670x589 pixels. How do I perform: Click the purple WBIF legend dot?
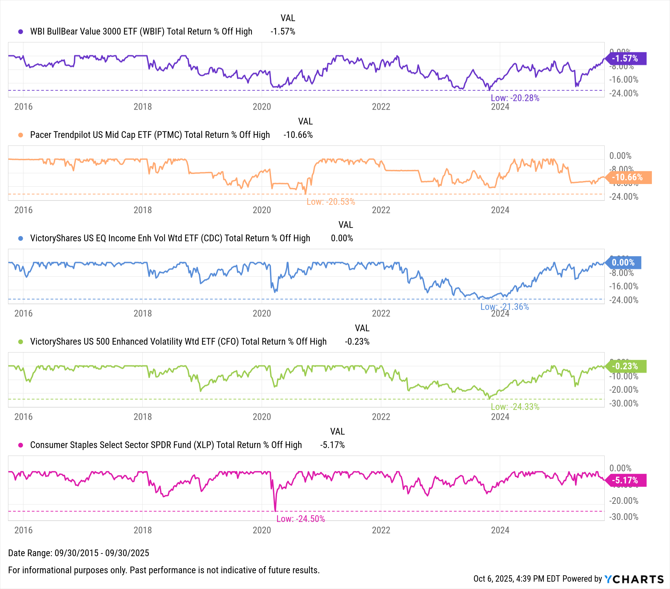tap(21, 32)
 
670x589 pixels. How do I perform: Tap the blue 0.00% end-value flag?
tap(624, 262)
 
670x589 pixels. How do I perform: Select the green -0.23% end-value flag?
tap(626, 366)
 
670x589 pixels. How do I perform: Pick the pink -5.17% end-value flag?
tap(626, 480)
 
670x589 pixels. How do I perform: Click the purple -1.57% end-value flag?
tap(626, 59)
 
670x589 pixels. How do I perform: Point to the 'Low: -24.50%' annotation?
tap(300, 519)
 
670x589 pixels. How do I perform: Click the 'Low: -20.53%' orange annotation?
tap(331, 202)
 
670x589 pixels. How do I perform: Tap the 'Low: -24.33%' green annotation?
tap(515, 407)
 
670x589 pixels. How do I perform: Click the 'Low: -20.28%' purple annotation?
tap(515, 98)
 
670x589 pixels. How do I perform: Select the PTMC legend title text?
tap(150, 135)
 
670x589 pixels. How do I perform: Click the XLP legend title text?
tap(166, 445)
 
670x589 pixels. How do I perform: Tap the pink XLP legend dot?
tap(21, 445)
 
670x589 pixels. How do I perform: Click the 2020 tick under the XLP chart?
tap(262, 530)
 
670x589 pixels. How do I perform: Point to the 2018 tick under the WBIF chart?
tap(142, 107)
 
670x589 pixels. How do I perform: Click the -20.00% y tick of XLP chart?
tap(623, 500)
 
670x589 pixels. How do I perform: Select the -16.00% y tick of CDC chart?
tap(623, 286)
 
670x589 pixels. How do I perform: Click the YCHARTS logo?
tap(634, 579)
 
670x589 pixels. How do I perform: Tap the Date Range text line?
tap(78, 553)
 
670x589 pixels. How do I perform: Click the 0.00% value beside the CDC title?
tap(342, 238)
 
